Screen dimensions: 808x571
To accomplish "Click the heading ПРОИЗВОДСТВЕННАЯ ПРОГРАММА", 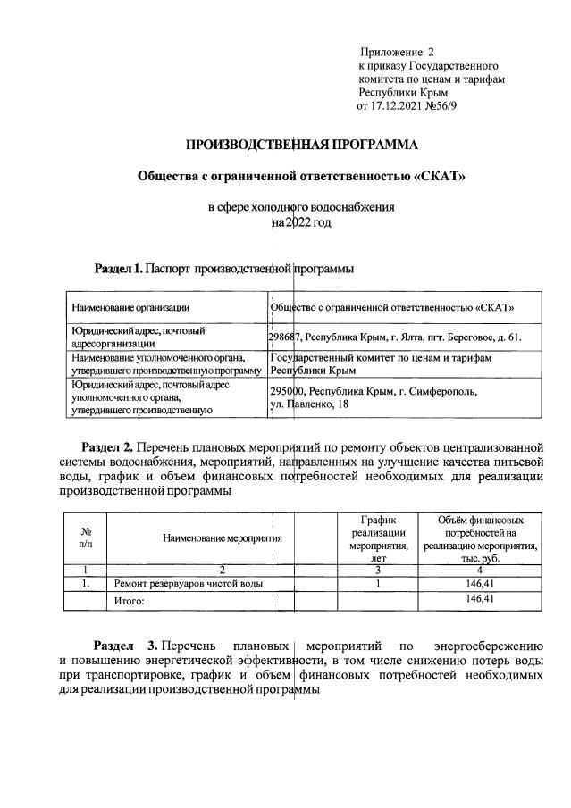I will (301, 144).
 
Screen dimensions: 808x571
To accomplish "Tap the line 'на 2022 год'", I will (301, 221).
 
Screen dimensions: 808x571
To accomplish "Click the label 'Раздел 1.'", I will (118, 267).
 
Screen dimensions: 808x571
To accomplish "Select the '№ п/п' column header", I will (87, 537).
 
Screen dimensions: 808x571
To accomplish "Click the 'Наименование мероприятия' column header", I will (223, 537).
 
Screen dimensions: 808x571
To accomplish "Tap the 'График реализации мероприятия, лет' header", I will (378, 537).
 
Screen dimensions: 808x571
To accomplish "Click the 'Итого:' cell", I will (130, 601).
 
